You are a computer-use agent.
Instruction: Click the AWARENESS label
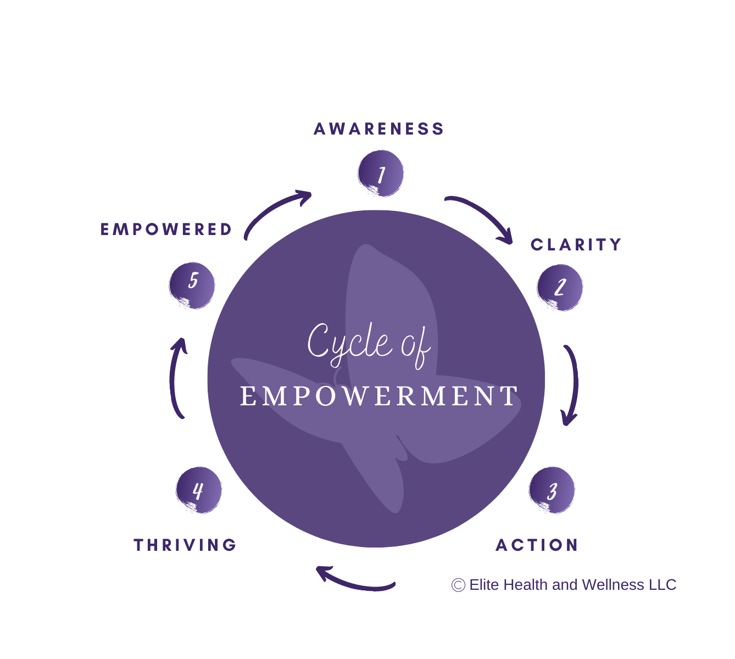click(x=378, y=129)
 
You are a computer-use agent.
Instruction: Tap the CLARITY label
click(x=576, y=244)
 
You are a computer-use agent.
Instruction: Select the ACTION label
click(x=537, y=545)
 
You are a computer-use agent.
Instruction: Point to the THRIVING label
click(x=185, y=545)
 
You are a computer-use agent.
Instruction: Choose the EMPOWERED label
click(x=166, y=229)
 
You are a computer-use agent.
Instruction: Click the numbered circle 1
click(x=381, y=174)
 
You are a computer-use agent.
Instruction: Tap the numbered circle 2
click(x=560, y=287)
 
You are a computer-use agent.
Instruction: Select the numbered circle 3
click(x=552, y=490)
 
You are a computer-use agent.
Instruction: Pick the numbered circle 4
click(x=198, y=490)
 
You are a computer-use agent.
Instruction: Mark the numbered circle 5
click(x=192, y=286)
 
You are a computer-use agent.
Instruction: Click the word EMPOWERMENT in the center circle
click(x=379, y=396)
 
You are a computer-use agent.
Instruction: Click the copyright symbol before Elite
click(x=458, y=585)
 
